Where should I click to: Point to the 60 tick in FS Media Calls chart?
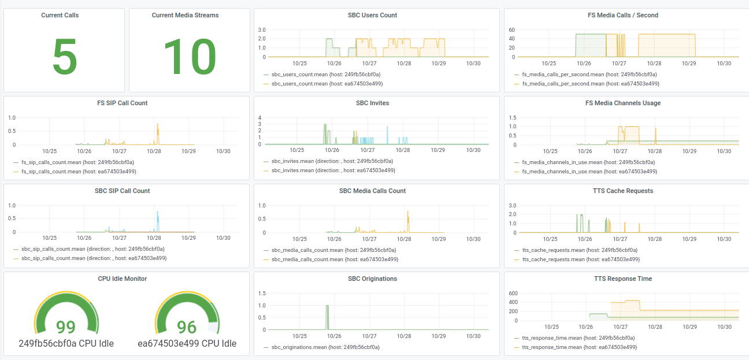[511, 29]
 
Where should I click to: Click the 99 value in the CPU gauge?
[66, 327]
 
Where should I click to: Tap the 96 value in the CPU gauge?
[187, 327]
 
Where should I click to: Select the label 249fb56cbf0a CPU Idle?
[66, 343]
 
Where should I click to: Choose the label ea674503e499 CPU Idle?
[187, 343]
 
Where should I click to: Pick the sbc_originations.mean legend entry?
[325, 347]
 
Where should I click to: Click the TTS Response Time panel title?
[622, 279]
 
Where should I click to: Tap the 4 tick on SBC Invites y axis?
[260, 118]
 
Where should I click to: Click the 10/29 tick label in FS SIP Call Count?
[188, 151]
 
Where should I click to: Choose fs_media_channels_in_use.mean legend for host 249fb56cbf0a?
[588, 162]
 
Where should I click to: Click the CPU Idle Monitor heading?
[122, 279]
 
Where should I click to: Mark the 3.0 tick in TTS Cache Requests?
[511, 205]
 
